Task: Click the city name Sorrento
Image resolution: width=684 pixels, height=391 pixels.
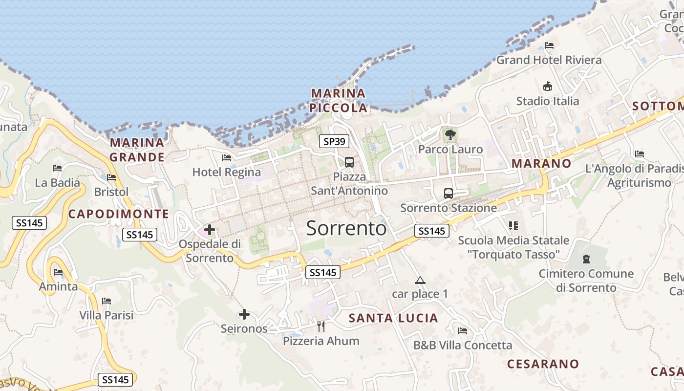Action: tap(346, 228)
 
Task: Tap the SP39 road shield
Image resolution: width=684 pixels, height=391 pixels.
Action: tap(335, 142)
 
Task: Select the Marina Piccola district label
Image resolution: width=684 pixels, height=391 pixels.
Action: tap(339, 100)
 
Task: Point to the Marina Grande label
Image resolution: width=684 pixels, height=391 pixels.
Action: tap(137, 150)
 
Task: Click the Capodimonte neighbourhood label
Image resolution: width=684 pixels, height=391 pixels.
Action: tap(118, 214)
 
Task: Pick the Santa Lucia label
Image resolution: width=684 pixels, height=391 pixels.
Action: tap(393, 318)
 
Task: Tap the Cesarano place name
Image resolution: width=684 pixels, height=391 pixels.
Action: tap(543, 364)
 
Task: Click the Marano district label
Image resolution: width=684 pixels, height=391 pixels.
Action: tap(541, 163)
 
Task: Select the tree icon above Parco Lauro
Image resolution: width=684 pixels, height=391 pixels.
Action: tap(450, 134)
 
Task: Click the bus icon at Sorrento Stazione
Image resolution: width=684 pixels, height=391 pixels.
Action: tap(449, 193)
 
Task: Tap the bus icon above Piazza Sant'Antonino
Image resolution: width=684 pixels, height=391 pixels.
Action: tap(349, 162)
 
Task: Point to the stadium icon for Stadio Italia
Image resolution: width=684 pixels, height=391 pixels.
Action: tap(548, 87)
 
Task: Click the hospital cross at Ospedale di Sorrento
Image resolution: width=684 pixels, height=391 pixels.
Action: tap(210, 229)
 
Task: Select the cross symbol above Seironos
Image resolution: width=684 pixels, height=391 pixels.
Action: tap(244, 314)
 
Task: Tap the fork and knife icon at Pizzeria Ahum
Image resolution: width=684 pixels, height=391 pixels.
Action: tap(321, 326)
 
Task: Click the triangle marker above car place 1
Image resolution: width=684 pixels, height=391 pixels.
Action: tap(420, 281)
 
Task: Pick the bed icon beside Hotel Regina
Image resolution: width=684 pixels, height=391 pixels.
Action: tap(227, 157)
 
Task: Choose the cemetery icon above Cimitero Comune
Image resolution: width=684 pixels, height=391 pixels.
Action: tap(586, 259)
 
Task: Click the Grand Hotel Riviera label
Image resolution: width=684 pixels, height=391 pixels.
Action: tap(549, 60)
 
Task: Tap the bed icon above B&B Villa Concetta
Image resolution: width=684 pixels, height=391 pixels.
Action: tap(463, 331)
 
